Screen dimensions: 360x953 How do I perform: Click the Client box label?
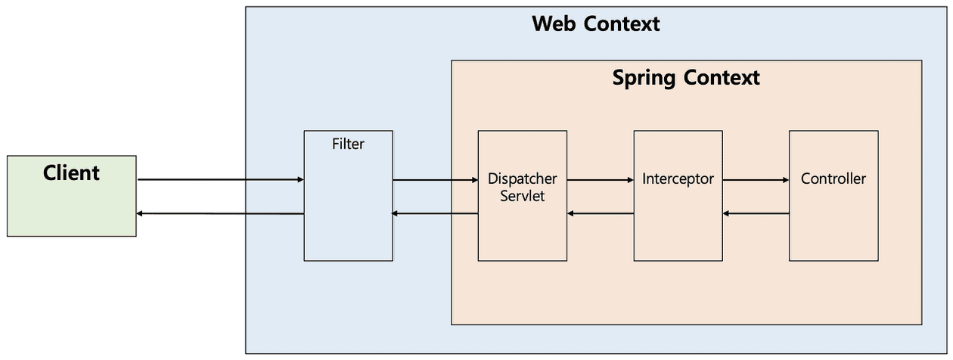71,173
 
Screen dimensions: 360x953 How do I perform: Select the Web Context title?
595,23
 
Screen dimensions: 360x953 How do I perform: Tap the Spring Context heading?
686,77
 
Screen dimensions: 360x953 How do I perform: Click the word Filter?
348,144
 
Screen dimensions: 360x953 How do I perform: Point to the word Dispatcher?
522,179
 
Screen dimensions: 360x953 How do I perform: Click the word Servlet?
522,195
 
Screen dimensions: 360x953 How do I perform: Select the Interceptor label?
678,179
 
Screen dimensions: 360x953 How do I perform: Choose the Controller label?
833,179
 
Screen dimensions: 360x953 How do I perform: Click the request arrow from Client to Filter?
220,180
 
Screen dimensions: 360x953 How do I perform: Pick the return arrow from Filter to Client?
220,214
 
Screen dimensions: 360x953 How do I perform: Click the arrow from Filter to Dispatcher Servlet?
435,180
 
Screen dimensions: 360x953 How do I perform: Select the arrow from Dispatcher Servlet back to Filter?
435,214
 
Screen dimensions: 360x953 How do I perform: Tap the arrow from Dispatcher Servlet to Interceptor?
600,180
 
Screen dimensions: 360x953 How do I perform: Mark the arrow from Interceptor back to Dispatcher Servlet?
600,214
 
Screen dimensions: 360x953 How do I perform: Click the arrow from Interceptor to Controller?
756,180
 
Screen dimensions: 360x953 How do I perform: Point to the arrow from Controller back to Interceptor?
756,214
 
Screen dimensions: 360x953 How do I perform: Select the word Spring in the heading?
644,77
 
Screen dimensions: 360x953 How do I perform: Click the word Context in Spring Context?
722,77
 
